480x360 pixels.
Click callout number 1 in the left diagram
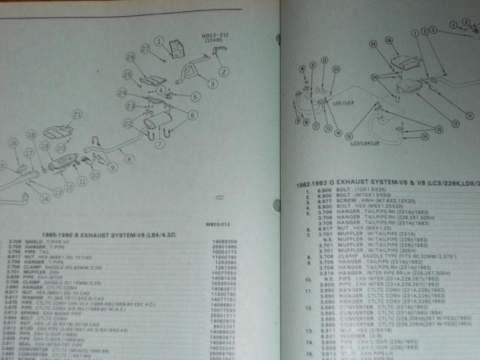click(158, 41)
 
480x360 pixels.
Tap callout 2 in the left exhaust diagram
click(223, 73)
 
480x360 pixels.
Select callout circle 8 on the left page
click(129, 159)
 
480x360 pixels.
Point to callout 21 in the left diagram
click(76, 114)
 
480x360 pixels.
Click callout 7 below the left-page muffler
click(159, 143)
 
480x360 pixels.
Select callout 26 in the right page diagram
click(389, 40)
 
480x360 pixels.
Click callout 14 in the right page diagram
click(425, 136)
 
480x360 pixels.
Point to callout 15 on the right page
click(358, 127)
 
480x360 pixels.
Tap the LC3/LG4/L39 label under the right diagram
click(366, 143)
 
